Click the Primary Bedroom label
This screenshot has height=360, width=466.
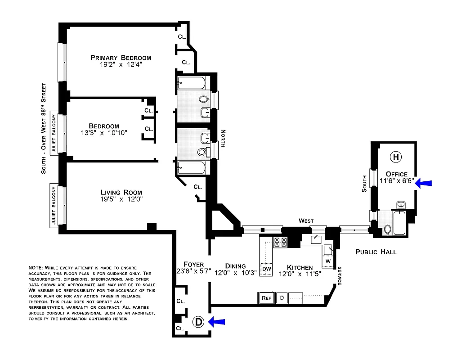(121, 58)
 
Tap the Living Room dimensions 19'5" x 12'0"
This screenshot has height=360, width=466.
(121, 199)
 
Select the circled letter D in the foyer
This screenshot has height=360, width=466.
(198, 322)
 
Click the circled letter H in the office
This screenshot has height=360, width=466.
(396, 157)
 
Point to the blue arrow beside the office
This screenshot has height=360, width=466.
(423, 183)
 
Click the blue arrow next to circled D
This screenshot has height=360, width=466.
(217, 321)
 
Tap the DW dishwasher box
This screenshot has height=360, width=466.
(266, 269)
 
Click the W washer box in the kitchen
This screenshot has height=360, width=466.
(328, 261)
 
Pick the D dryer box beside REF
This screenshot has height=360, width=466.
(282, 297)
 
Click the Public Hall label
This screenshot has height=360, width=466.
(376, 252)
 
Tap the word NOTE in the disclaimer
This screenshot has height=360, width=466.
(36, 267)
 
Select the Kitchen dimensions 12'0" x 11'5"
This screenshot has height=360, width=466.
(300, 274)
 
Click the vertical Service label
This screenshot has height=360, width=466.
(340, 275)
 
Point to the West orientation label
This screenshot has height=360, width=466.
(306, 220)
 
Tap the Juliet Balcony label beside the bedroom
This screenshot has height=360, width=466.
(54, 134)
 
